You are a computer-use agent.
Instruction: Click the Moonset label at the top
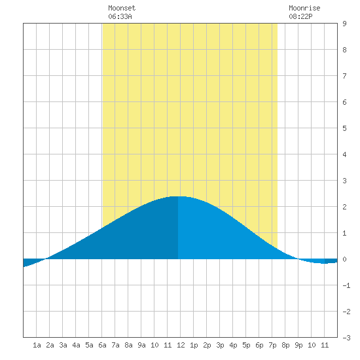point(122,8)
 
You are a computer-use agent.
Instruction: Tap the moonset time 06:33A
point(120,16)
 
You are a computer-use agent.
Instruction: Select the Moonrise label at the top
point(304,8)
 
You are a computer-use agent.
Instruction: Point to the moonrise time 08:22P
point(300,16)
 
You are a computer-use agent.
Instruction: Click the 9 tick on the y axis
point(344,24)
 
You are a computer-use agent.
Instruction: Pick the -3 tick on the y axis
point(346,338)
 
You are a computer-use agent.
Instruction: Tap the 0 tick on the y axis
point(344,259)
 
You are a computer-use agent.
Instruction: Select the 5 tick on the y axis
point(344,128)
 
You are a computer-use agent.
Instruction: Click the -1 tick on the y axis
point(346,285)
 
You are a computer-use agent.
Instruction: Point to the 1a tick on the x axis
point(37,345)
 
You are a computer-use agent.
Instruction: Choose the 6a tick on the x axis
point(102,345)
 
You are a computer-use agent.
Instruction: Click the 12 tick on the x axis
point(181,345)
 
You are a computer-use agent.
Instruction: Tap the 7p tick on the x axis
point(272,345)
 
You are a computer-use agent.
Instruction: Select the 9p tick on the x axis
point(298,345)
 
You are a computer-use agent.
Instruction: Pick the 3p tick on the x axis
point(220,345)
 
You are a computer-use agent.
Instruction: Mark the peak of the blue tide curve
point(178,196)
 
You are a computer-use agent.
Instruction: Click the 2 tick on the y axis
point(344,207)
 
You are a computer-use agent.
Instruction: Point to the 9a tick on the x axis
point(141,345)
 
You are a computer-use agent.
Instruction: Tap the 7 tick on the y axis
point(344,76)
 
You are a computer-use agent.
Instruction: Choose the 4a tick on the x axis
point(76,345)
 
